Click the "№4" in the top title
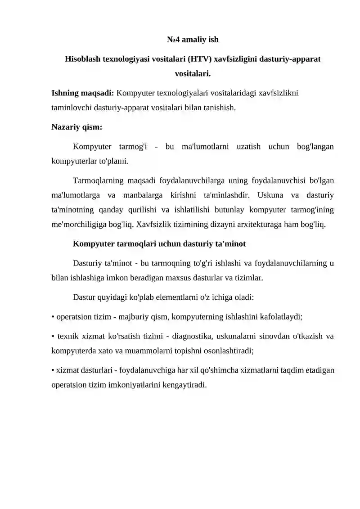click(173, 40)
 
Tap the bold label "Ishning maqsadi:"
click(83, 94)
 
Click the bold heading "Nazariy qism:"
click(77, 127)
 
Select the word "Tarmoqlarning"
click(98, 181)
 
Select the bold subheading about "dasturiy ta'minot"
click(158, 244)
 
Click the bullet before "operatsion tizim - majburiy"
click(53, 317)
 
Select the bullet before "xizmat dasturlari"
click(53, 371)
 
